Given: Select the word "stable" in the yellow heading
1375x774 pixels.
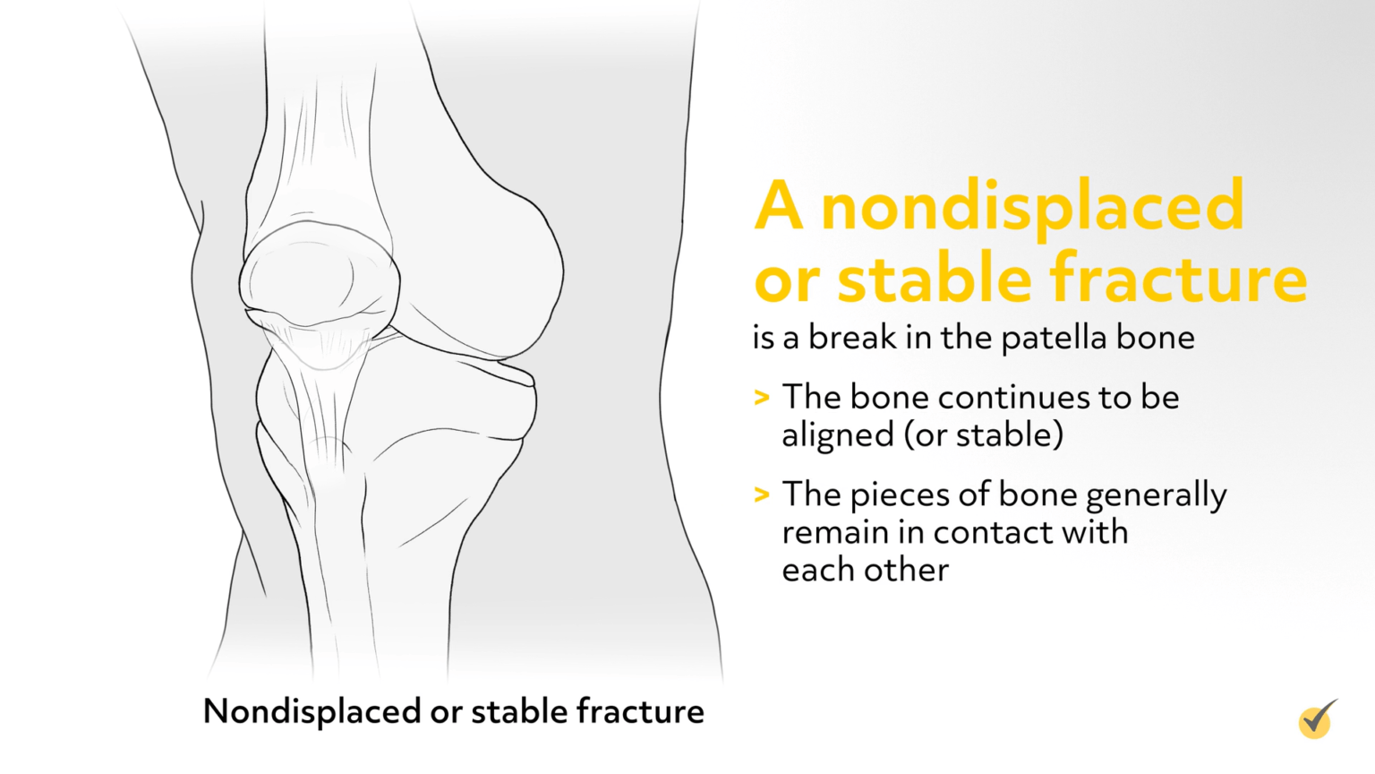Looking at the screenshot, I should (934, 279).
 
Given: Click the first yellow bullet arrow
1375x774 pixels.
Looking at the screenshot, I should (762, 397).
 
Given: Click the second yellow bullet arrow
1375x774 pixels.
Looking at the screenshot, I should (762, 494).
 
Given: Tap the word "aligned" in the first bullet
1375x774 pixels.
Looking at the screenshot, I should (837, 435).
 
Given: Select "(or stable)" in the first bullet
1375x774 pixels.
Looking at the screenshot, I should (984, 435).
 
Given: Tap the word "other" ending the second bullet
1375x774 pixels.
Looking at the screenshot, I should (908, 570).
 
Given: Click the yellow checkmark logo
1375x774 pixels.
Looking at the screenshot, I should (1317, 719).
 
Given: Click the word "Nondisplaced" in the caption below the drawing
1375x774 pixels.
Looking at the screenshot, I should (312, 711).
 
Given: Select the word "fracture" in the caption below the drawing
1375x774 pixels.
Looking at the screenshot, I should (640, 711).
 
